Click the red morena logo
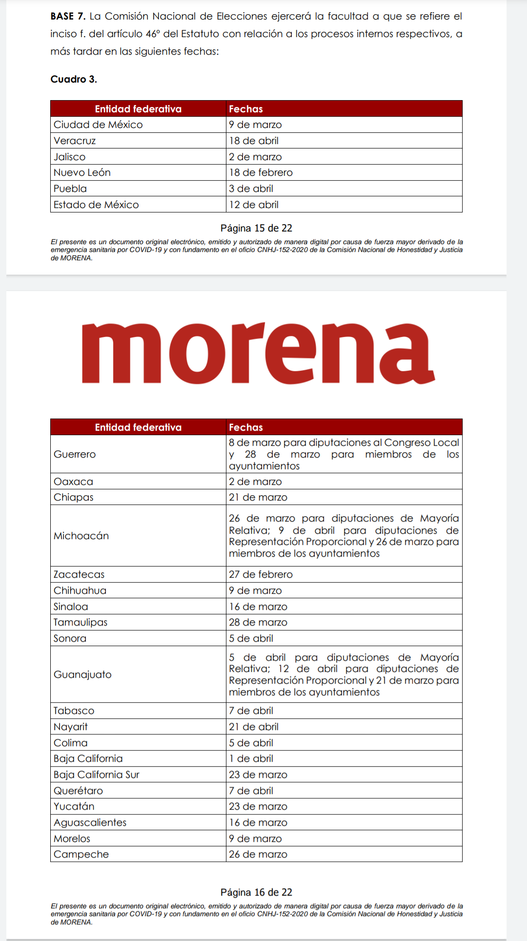point(258,353)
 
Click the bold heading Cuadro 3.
point(74,79)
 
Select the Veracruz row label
point(75,141)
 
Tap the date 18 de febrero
point(261,172)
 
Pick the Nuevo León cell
point(82,172)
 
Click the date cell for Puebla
point(251,188)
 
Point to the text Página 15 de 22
point(256,228)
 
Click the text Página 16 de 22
point(256,892)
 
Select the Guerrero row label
point(75,454)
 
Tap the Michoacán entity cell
point(81,536)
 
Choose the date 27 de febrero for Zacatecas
point(261,574)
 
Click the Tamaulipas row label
point(80,622)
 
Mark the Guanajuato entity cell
point(82,674)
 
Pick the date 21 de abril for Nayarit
point(254,727)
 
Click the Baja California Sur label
point(96,774)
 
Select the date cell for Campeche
point(258,854)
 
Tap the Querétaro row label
point(78,791)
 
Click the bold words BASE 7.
point(68,16)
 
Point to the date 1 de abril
point(251,758)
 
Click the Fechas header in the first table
point(246,109)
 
